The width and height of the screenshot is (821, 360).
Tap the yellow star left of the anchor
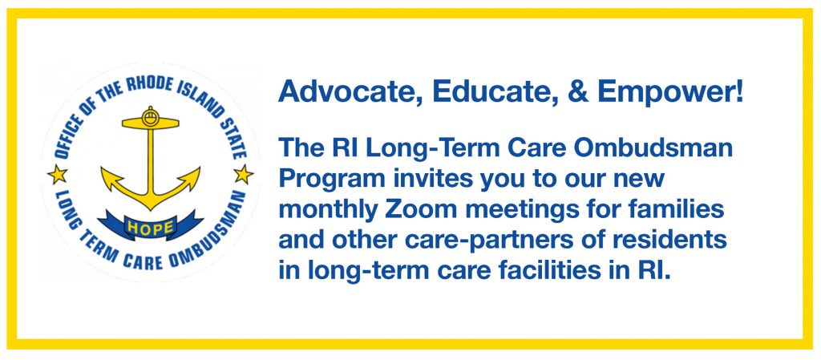click(58, 172)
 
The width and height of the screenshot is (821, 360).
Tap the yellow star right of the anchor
click(243, 172)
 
